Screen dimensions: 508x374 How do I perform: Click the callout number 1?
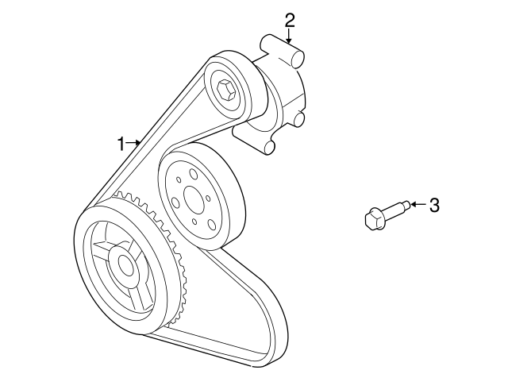(121, 144)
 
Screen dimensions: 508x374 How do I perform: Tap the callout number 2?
(290, 20)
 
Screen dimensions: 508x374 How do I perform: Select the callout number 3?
(434, 205)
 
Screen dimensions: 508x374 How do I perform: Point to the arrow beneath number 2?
(289, 36)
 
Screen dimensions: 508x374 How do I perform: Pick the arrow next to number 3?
(418, 205)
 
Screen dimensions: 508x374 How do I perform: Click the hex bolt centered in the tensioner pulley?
(224, 89)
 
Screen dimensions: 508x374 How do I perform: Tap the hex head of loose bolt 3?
(375, 219)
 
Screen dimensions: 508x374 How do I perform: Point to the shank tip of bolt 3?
(407, 205)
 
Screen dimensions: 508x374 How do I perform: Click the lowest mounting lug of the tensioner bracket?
(270, 148)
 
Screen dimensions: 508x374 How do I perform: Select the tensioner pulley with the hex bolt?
(229, 88)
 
